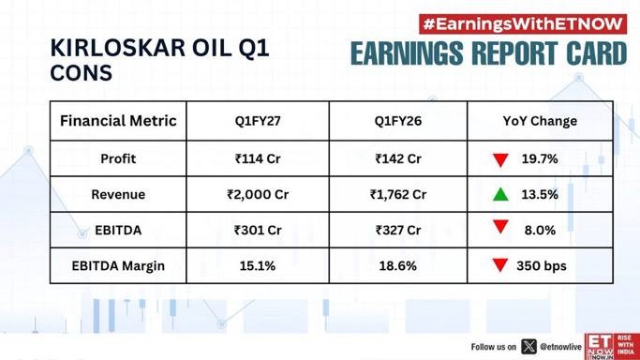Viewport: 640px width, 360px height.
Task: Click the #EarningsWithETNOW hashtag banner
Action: (523, 24)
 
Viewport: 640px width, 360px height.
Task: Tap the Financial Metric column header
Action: (118, 121)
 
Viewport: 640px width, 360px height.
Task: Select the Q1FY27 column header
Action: (258, 121)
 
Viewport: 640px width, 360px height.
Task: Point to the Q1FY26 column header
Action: (398, 121)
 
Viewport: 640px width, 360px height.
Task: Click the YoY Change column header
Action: (540, 121)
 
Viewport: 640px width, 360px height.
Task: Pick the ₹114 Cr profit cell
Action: (258, 158)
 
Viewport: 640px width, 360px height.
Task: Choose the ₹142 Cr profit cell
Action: (398, 158)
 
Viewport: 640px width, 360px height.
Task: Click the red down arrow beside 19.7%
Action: (500, 159)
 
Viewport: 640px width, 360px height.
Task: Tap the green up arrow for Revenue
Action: (500, 194)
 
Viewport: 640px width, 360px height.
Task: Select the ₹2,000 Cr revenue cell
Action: (258, 194)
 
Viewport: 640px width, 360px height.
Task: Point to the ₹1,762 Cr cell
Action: (398, 194)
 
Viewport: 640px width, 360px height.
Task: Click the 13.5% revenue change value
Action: (540, 194)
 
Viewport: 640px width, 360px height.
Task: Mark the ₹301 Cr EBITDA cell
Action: (258, 231)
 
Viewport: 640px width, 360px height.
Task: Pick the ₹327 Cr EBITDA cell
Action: (398, 231)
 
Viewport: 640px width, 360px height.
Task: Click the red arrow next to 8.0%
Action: (500, 227)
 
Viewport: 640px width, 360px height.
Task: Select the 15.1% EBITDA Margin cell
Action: (258, 265)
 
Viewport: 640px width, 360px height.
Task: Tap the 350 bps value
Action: (542, 265)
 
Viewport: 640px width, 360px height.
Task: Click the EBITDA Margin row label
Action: (118, 265)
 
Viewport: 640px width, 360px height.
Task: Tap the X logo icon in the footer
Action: (528, 347)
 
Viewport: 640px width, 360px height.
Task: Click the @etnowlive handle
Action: (560, 347)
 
